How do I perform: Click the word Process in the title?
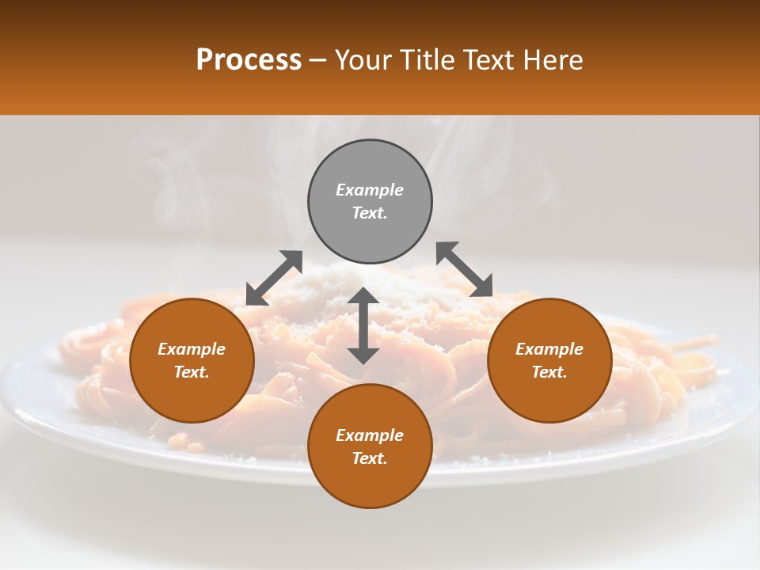(x=249, y=60)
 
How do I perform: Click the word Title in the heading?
(x=428, y=60)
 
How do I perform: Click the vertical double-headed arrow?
(x=363, y=325)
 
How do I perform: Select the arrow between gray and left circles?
(x=274, y=278)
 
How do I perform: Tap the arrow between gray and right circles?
(x=464, y=269)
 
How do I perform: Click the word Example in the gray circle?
(x=370, y=190)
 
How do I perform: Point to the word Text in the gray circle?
(x=370, y=213)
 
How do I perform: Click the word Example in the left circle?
(x=192, y=349)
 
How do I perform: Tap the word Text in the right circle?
(x=549, y=372)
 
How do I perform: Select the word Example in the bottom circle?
(x=370, y=435)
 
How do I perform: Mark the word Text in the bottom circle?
(x=370, y=458)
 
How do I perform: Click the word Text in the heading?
(x=490, y=60)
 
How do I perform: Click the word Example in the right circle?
(x=549, y=349)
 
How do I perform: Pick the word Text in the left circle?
(x=192, y=372)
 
